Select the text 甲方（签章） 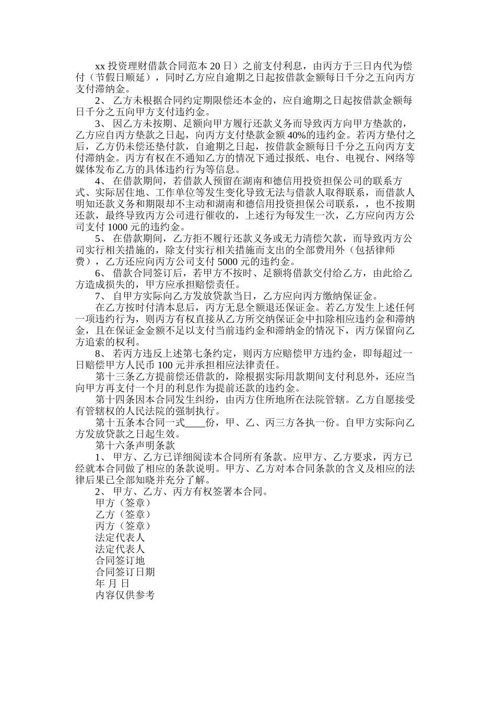[x=123, y=502]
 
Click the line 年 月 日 [x=112, y=583]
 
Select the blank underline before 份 [x=196, y=423]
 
